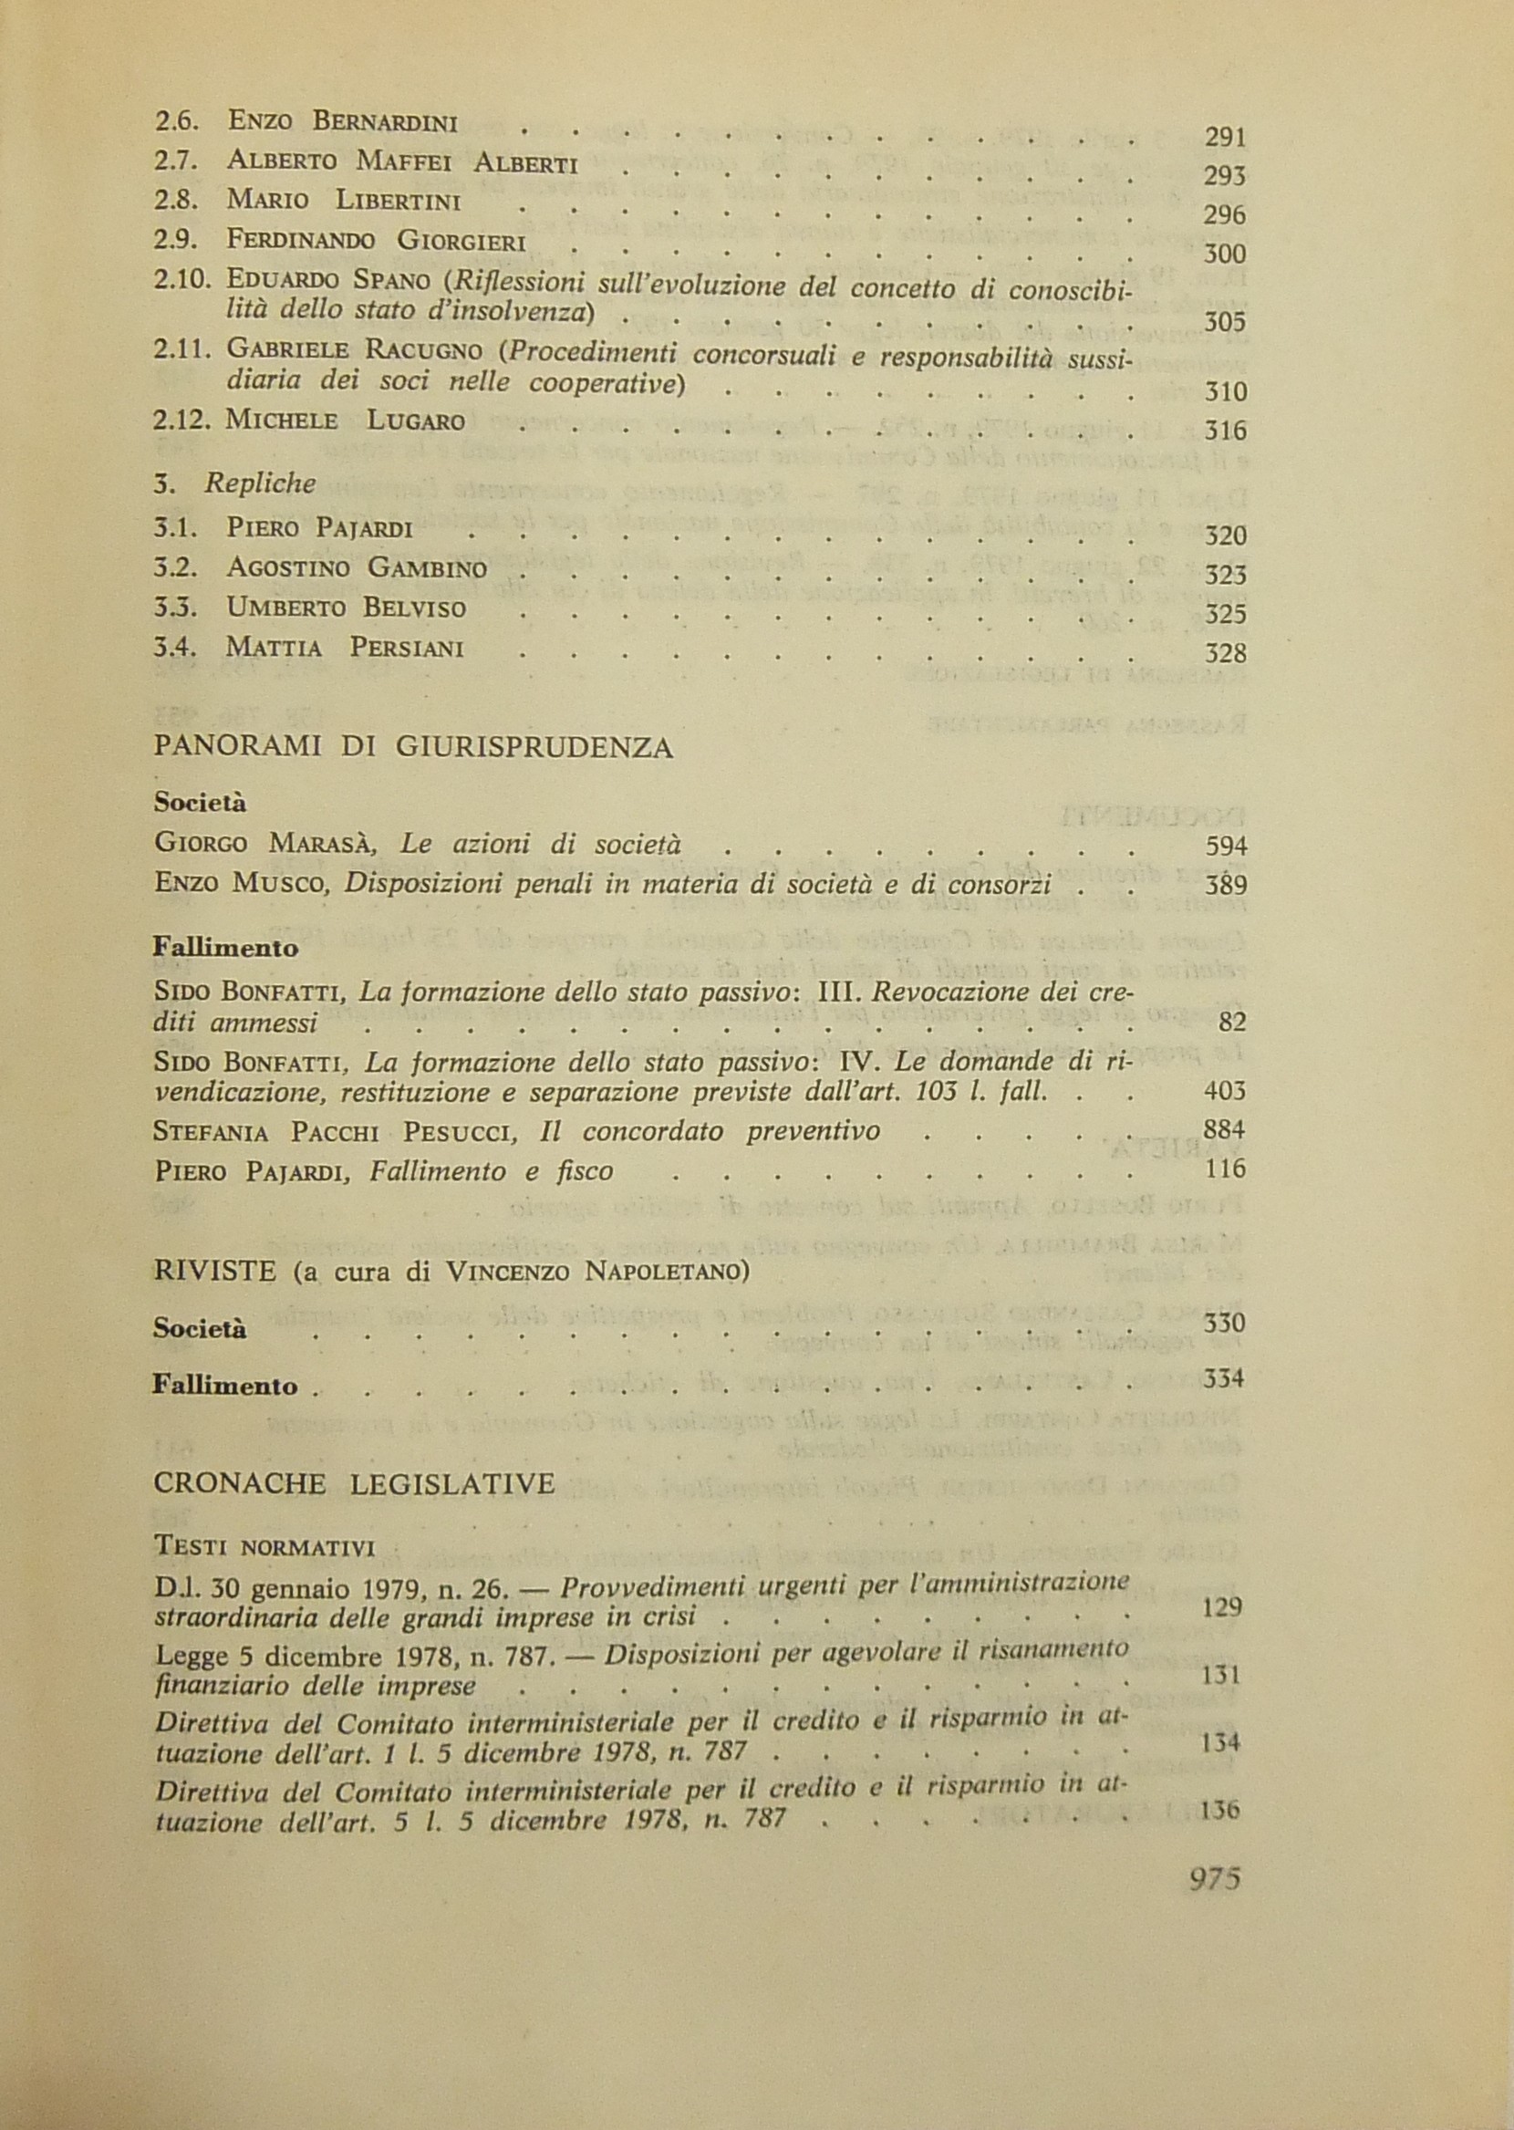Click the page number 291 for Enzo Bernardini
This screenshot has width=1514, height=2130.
coord(1225,138)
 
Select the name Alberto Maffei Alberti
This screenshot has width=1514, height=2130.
coord(402,162)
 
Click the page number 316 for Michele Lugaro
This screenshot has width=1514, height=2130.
coord(1225,431)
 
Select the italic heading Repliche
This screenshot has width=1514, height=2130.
coord(260,483)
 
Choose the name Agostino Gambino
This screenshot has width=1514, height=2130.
coord(356,567)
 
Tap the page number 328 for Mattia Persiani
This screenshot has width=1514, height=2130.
coord(1225,653)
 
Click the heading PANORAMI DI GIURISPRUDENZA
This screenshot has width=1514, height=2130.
coord(412,749)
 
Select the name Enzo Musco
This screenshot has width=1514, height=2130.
coord(244,884)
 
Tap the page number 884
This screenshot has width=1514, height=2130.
coord(1225,1131)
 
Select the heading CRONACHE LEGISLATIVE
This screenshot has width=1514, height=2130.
coord(353,1483)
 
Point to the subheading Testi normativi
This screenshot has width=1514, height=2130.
coord(263,1548)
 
